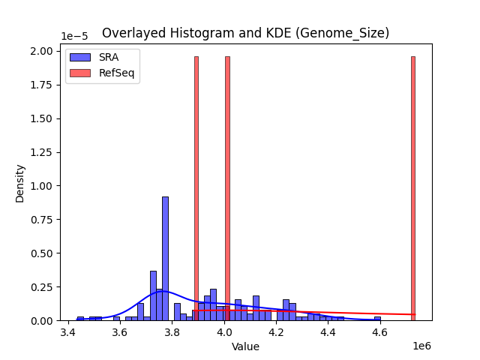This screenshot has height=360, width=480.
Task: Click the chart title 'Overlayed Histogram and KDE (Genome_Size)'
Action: tap(245, 33)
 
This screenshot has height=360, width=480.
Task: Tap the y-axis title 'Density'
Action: tap(19, 183)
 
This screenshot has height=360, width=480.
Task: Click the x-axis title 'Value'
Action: tap(245, 346)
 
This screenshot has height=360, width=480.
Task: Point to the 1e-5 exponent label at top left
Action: tap(76, 36)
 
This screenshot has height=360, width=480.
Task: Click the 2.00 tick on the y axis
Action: tap(41, 51)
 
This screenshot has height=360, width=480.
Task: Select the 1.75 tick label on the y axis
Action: tap(41, 85)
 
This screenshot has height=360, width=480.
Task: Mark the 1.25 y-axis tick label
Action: tap(41, 152)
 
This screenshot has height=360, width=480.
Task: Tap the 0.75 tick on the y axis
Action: tap(41, 220)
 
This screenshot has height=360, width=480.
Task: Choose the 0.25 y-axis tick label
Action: tap(41, 287)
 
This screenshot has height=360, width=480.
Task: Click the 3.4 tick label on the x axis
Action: tap(68, 331)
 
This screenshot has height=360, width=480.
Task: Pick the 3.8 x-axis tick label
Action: tap(172, 331)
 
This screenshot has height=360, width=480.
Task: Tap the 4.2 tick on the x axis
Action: tap(277, 331)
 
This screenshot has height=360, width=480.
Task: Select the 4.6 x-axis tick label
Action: tap(380, 331)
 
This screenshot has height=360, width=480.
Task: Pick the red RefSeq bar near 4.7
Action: tap(412, 188)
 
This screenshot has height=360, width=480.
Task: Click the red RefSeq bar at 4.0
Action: tap(227, 188)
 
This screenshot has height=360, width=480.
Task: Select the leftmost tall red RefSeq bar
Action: tap(196, 188)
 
